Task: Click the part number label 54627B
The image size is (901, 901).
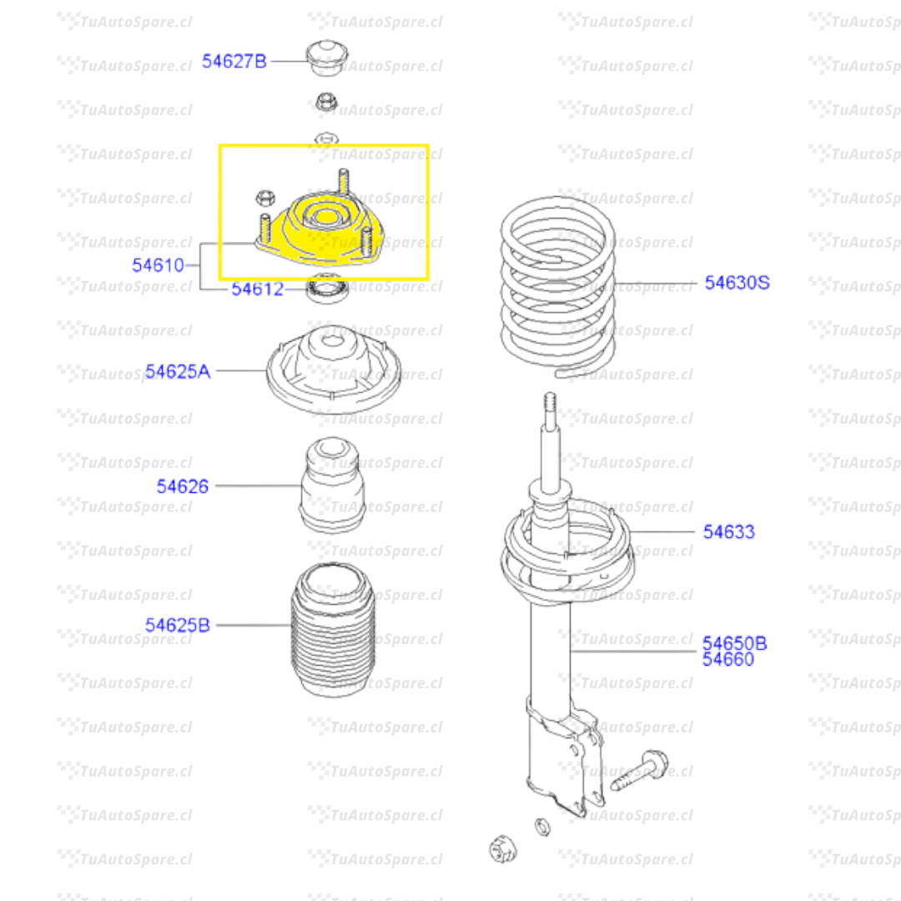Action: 234,61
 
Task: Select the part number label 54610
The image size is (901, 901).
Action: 158,265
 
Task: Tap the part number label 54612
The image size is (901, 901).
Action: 258,289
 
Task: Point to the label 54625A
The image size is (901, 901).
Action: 178,371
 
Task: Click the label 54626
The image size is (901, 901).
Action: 182,486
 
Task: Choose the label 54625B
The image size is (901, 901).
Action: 178,625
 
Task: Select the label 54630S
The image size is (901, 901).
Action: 737,283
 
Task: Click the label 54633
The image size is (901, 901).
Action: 728,531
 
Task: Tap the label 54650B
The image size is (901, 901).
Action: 734,643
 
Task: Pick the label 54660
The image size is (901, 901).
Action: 728,659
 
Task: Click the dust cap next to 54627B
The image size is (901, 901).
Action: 327,58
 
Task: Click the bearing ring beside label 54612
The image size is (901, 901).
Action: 328,289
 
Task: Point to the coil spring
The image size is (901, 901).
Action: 558,285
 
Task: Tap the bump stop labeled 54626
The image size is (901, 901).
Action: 332,485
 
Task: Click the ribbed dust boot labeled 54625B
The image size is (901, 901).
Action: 333,630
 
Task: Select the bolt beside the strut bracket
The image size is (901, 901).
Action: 639,769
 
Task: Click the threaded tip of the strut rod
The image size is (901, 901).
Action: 550,401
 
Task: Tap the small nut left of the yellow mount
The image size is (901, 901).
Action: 265,199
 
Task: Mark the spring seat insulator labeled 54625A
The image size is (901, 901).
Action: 334,370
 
